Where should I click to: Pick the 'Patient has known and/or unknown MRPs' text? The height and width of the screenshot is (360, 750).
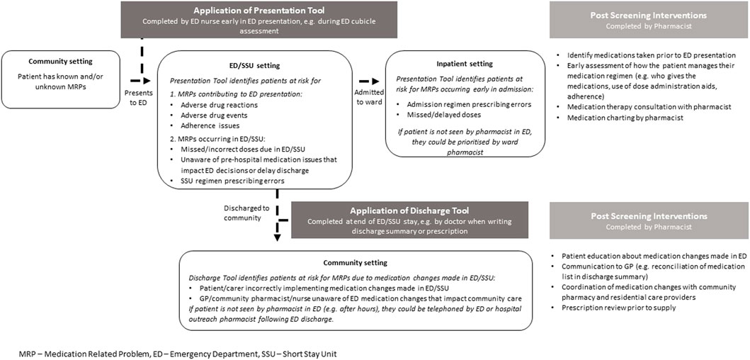[60, 80]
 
